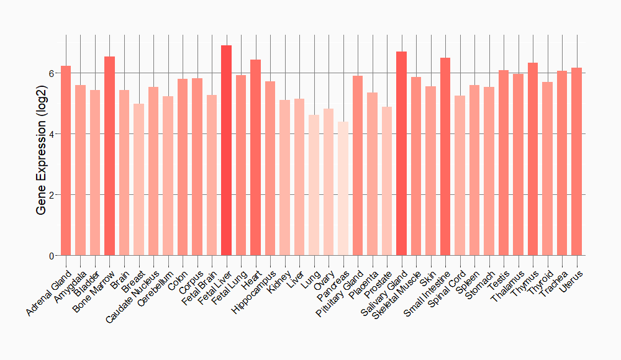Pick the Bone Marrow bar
(x=109, y=156)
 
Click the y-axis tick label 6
(x=52, y=73)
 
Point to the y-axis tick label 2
(x=52, y=195)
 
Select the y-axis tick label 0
(x=52, y=256)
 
